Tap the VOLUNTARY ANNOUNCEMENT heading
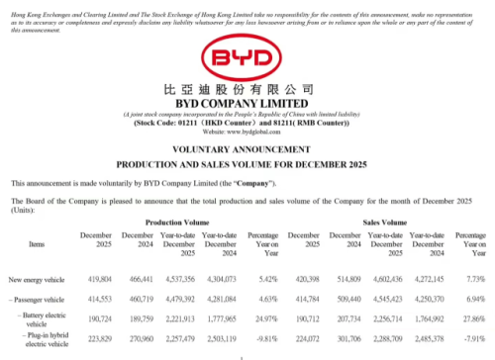coord(247,152)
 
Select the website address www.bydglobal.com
coord(247,132)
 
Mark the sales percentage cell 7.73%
coord(470,281)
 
